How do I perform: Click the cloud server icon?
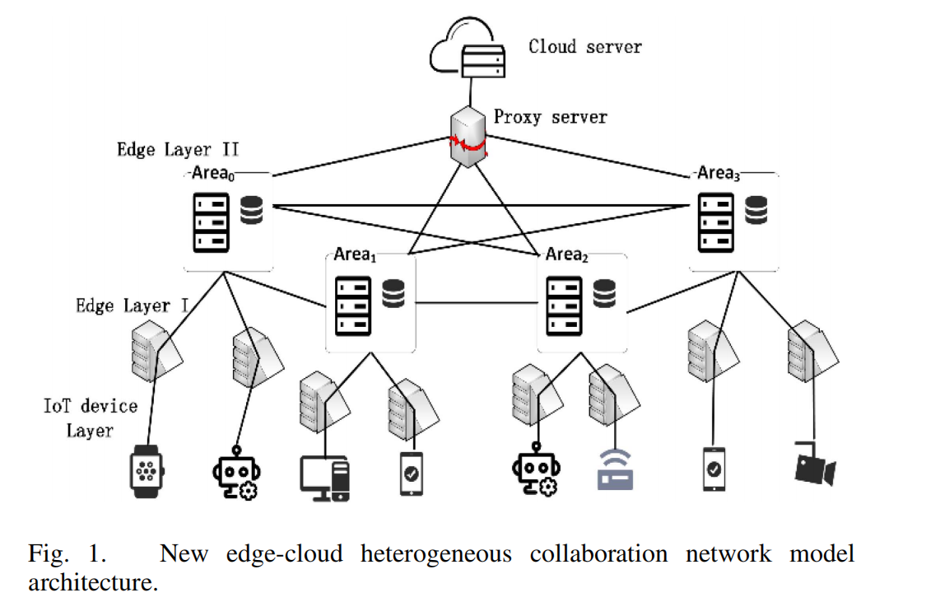click(467, 51)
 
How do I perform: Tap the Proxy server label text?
click(550, 117)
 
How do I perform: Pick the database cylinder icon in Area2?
click(605, 293)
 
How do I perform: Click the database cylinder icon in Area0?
click(252, 211)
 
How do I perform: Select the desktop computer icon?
click(325, 477)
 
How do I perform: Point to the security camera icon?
click(813, 464)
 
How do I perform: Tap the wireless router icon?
click(615, 473)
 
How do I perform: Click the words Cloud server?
click(584, 46)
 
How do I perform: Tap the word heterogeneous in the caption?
click(435, 553)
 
